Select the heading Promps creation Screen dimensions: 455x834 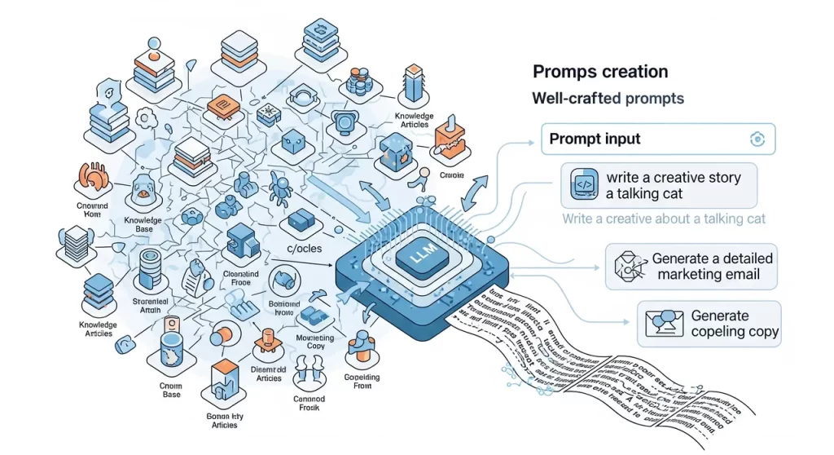click(599, 73)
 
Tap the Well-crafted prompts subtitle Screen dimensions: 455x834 click(608, 99)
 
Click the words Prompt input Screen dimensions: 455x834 click(595, 139)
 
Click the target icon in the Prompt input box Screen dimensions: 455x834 click(757, 139)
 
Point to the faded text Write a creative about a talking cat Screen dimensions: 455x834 click(663, 219)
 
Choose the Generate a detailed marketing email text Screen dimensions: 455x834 click(713, 267)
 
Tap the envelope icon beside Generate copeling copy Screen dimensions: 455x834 click(660, 324)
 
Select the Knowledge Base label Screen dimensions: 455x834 click(144, 224)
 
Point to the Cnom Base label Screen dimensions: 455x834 click(170, 389)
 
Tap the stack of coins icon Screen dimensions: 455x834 click(356, 80)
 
